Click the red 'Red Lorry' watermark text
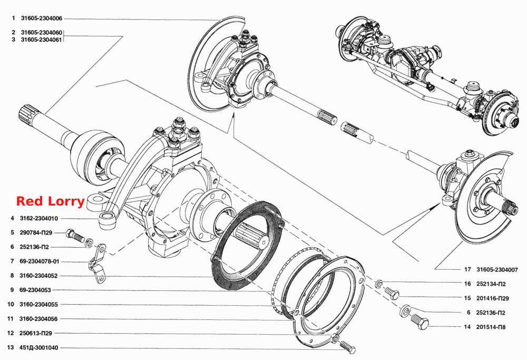51,201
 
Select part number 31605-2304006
41,18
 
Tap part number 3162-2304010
38,219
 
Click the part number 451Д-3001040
38,347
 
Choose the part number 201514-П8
491,327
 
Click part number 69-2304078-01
40,261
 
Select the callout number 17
467,269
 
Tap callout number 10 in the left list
11,304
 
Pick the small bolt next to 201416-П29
392,293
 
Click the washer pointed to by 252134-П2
379,284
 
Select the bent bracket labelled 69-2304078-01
98,264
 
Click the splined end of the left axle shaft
27,114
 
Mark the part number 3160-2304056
38,319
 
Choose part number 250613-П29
36,333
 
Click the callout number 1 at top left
14,18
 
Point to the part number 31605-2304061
41,40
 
